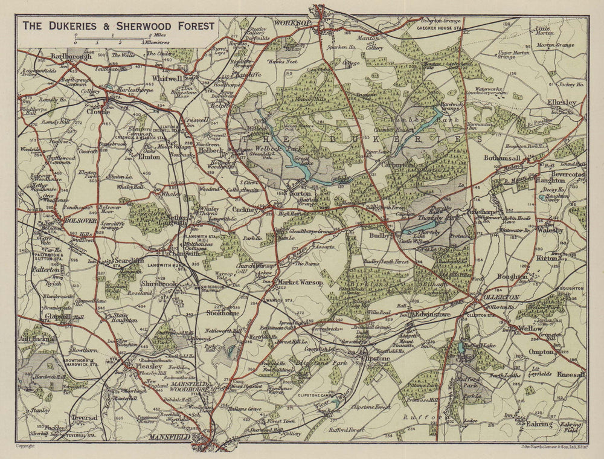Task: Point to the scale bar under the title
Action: coord(109,39)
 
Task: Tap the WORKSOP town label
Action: coord(292,22)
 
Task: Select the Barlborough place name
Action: coord(71,56)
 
